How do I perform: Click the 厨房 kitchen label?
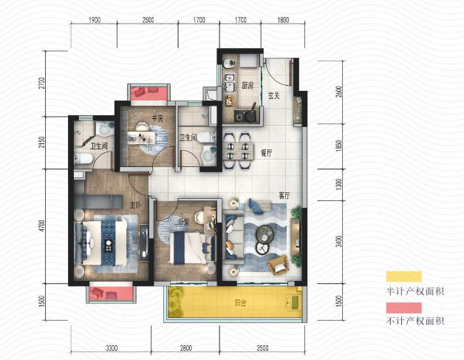point(248,86)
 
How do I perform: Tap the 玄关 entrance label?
point(274,95)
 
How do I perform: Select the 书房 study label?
point(157,119)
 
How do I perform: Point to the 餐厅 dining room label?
point(266,153)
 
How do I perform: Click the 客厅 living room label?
point(284,195)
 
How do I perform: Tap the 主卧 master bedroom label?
point(135,205)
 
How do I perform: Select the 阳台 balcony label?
point(240,303)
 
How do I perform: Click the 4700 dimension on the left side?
point(42,226)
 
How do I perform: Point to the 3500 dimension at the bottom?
point(262,347)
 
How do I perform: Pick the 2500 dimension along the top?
point(148,20)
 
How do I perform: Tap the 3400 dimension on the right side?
point(339,241)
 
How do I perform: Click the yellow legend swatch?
point(403,276)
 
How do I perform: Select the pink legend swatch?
point(403,308)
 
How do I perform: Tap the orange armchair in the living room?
point(278,265)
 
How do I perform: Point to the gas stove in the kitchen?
point(245,116)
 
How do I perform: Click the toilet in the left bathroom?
point(83,159)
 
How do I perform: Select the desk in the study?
point(141,138)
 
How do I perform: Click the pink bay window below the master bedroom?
point(111,293)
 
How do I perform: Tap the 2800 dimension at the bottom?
point(186,347)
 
